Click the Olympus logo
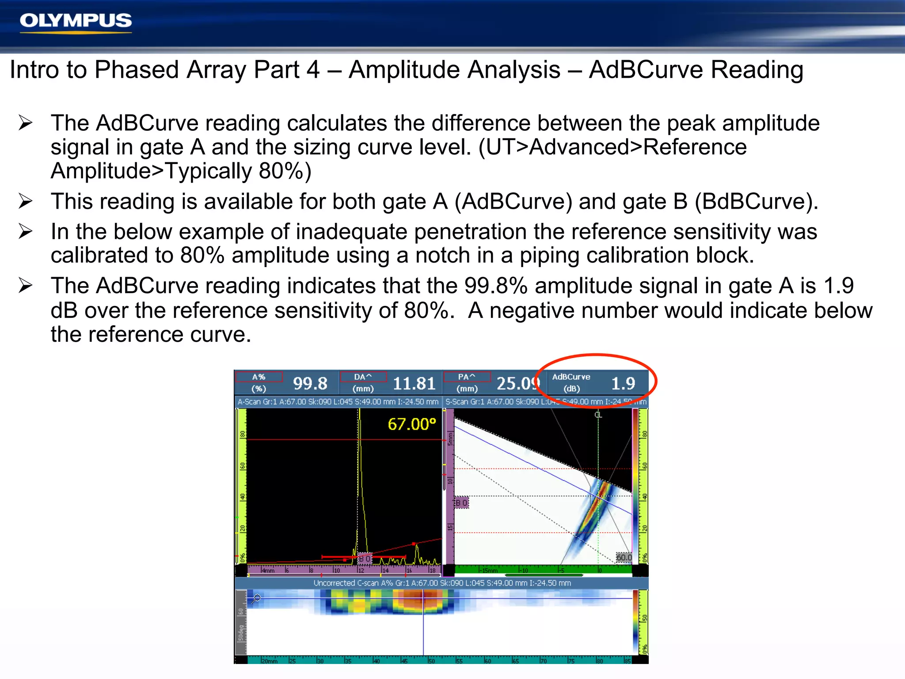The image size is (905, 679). pos(76,21)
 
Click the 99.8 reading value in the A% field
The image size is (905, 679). pos(310,383)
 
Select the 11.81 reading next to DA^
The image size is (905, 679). pos(414,383)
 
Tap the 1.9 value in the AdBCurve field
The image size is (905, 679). pos(623,383)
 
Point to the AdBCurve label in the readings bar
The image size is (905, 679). pos(571,377)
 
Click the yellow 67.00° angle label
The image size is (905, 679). pos(412,424)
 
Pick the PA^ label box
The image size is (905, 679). pos(467,377)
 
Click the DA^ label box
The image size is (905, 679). pos(363,377)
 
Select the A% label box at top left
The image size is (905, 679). pos(259,377)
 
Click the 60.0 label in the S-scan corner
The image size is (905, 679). pos(624,557)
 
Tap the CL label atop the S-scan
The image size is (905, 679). pos(598,415)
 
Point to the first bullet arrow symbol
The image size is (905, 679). pos(26,123)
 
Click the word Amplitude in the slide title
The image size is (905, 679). pos(454,70)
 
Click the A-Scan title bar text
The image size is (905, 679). pos(338,402)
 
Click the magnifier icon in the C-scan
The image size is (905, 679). pos(256,599)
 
